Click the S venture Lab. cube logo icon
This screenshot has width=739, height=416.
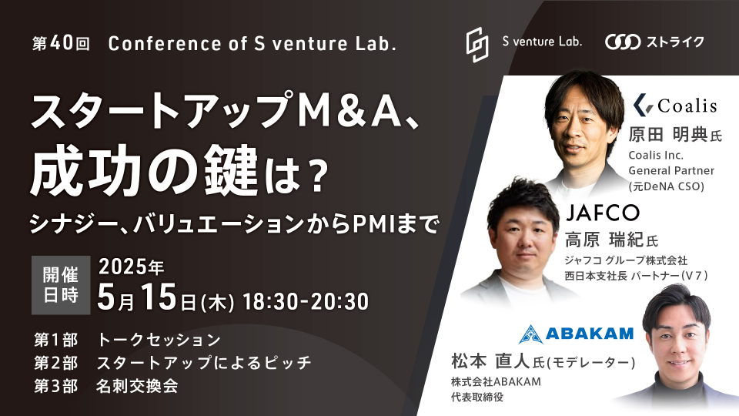click(477, 45)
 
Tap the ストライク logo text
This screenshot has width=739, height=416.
click(675, 42)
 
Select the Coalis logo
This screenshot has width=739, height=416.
click(675, 105)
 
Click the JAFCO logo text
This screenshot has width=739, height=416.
click(602, 213)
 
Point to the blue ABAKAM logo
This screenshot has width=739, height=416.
click(576, 334)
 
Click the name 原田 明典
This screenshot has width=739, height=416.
click(668, 135)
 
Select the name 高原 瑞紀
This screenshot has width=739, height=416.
click(605, 240)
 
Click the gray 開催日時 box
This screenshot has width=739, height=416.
click(61, 285)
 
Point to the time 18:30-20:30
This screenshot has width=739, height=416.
click(306, 302)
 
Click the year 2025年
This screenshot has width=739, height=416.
click(131, 267)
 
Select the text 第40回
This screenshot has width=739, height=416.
click(61, 43)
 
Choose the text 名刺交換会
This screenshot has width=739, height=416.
click(137, 386)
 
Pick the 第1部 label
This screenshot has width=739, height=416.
click(55, 340)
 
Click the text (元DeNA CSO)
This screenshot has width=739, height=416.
click(667, 186)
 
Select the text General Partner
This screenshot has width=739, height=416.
click(671, 170)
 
